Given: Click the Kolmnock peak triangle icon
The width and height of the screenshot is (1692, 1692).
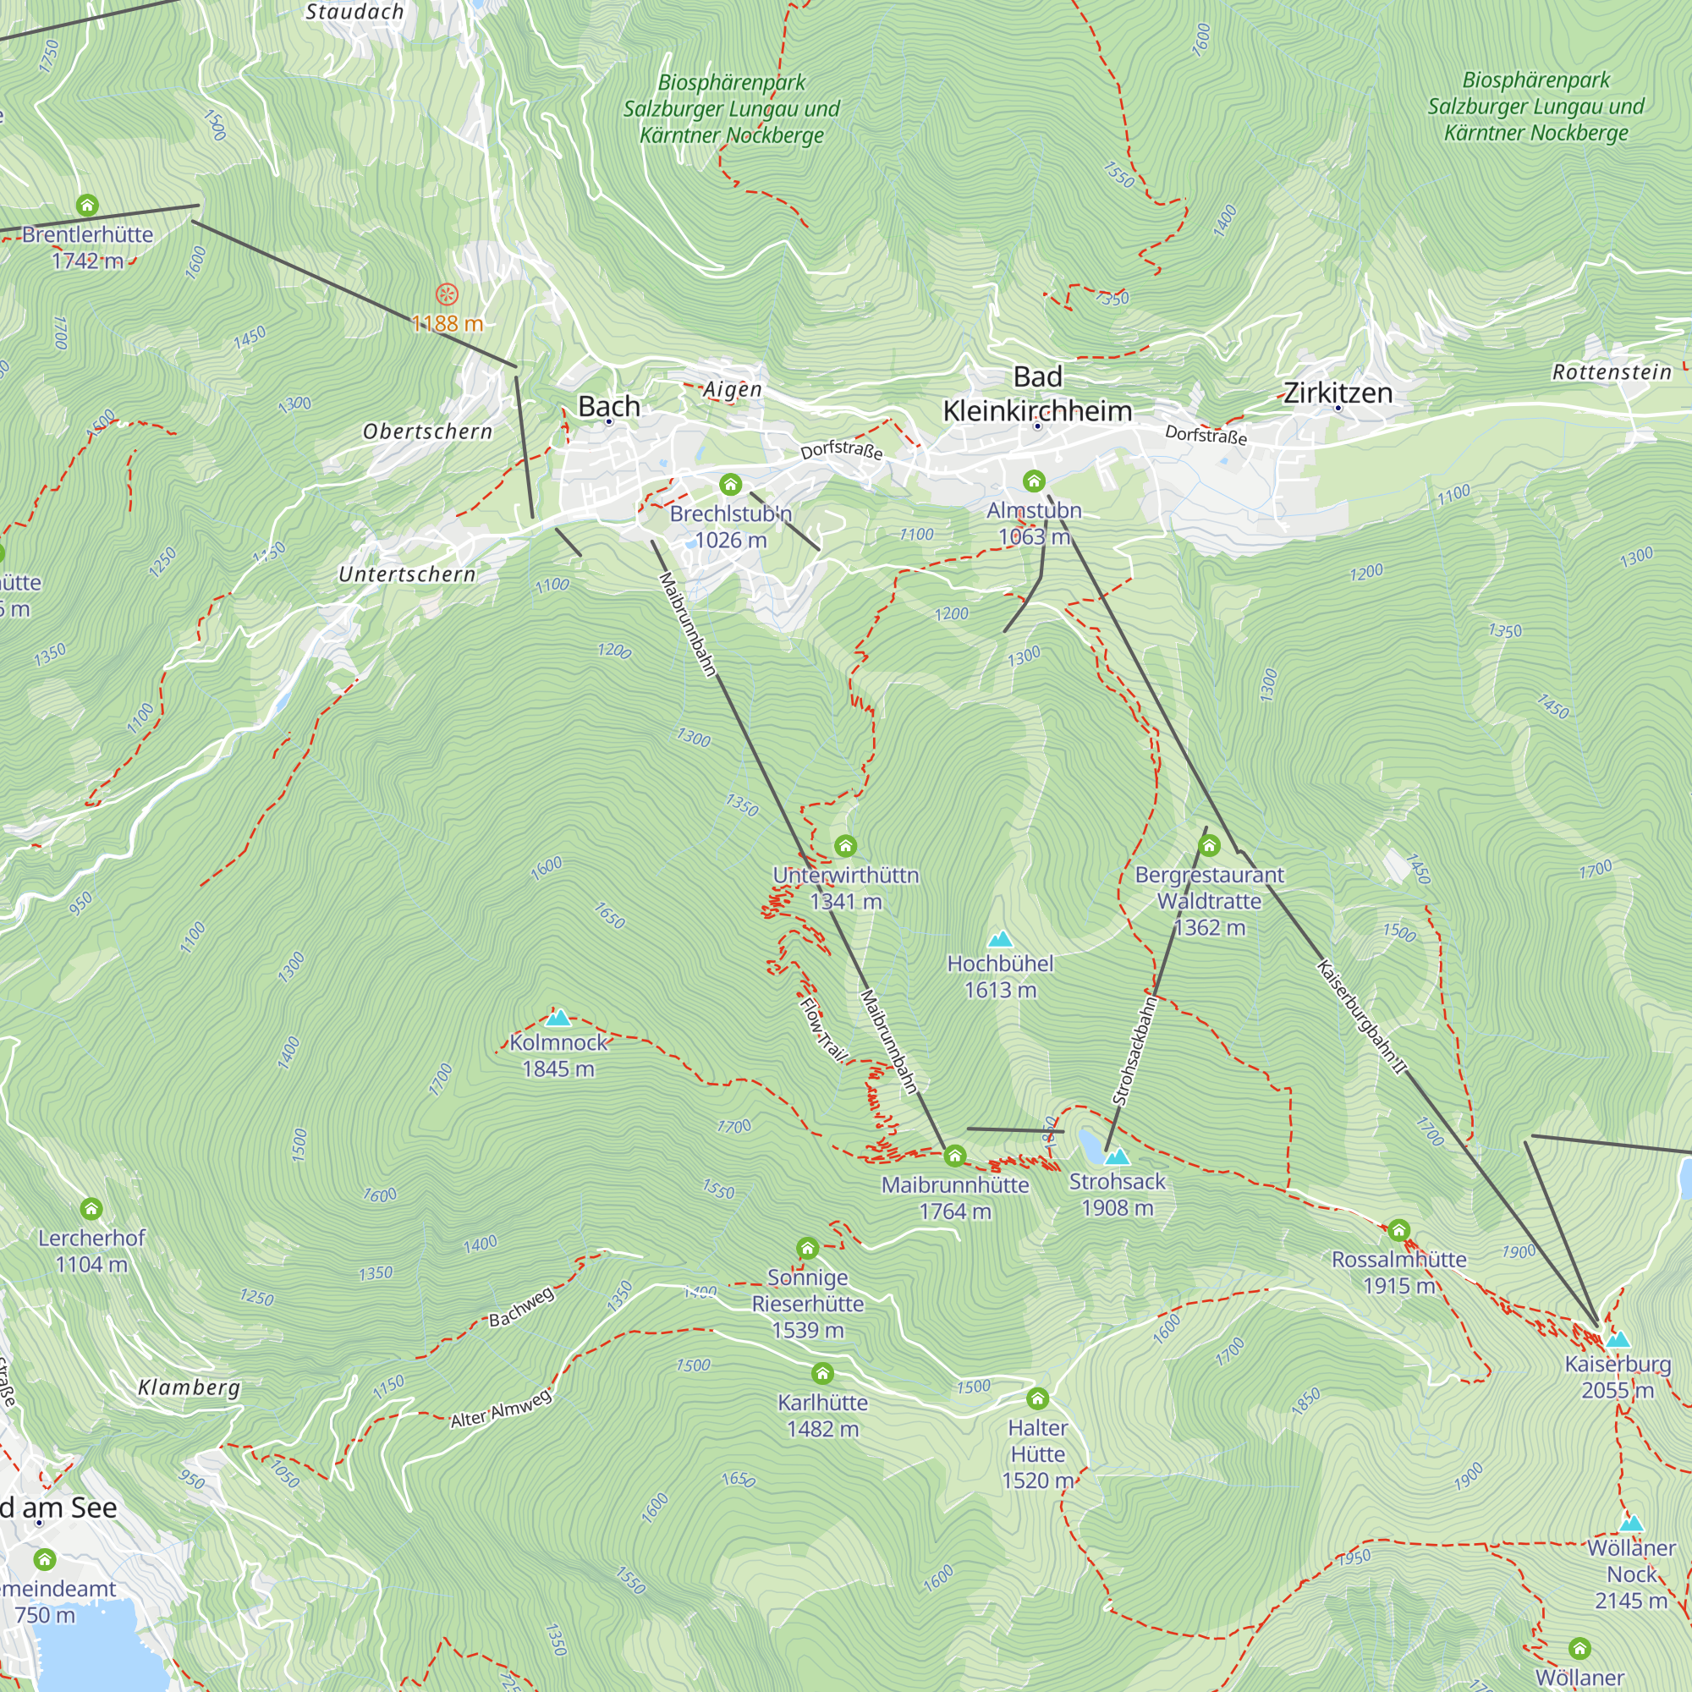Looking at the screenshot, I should (x=558, y=1018).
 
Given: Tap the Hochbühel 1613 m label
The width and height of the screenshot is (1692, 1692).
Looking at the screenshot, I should (x=1000, y=976).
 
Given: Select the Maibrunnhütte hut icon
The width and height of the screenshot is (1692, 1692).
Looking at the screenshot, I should (x=954, y=1156).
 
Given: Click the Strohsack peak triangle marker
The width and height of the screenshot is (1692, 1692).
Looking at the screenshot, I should (x=1117, y=1156).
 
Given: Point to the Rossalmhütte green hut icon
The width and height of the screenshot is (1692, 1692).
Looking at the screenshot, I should (x=1398, y=1230).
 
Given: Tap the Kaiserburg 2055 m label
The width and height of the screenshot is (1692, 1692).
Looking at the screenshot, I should (x=1618, y=1376).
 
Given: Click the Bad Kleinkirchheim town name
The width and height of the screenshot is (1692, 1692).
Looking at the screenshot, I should (x=1037, y=394).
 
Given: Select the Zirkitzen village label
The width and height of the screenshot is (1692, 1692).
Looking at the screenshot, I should (x=1338, y=393).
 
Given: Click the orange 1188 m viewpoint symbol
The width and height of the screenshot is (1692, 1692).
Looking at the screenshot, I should (x=447, y=294).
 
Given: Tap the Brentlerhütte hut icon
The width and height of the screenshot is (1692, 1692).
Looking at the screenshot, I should (x=86, y=206).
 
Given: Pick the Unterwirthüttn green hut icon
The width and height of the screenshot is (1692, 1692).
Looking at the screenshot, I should (x=845, y=846).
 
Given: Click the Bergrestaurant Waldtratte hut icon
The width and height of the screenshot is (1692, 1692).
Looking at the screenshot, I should (x=1209, y=845).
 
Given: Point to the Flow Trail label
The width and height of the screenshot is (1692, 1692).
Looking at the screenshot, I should (x=823, y=1030).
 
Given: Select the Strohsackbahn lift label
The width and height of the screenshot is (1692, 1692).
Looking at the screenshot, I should (x=1134, y=1051).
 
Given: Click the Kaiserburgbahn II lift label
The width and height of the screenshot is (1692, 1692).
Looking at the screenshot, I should (x=1361, y=1017).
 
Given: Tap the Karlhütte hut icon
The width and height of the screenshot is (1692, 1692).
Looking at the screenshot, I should (x=821, y=1373).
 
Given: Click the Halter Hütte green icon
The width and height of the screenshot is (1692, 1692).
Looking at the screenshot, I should (x=1037, y=1398).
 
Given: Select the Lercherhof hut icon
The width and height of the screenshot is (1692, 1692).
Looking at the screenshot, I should (x=91, y=1210).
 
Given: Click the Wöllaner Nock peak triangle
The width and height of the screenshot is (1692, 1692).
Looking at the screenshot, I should (x=1631, y=1523).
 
